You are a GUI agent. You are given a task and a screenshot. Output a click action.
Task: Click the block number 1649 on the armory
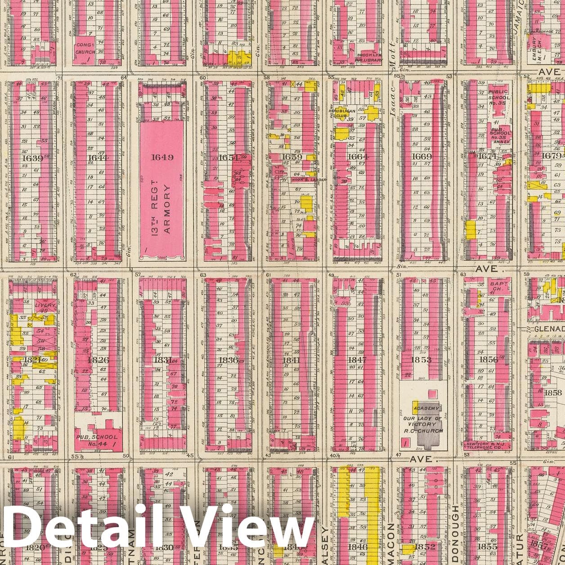point(162,157)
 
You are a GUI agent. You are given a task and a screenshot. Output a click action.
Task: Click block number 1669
point(422,157)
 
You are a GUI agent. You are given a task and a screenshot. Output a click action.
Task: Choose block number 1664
point(358,157)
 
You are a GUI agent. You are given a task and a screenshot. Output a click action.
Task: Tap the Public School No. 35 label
point(499,98)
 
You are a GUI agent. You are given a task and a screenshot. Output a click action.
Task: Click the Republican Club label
point(345,113)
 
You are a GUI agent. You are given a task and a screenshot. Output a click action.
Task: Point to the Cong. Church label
point(85,49)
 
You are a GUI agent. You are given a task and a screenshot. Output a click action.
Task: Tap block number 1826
point(98,360)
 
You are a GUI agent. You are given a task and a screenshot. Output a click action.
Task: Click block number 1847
point(357,360)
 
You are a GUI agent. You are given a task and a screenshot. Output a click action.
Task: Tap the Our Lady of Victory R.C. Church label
point(422,424)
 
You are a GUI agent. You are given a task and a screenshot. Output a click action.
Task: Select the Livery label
point(45,305)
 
